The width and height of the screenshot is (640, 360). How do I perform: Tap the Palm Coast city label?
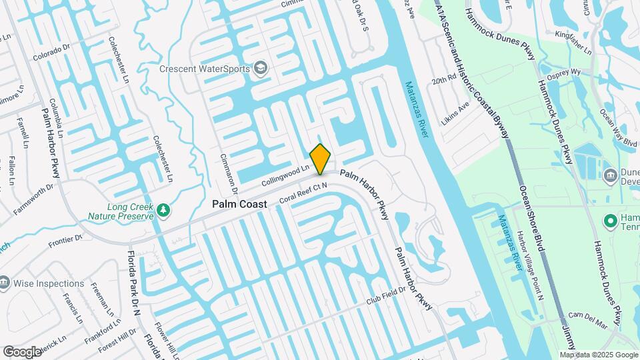click(x=239, y=204)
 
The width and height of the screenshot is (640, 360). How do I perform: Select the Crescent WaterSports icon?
click(x=261, y=69)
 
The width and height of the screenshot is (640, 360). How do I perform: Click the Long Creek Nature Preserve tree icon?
click(x=163, y=211)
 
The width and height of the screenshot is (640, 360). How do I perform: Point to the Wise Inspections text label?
click(x=50, y=283)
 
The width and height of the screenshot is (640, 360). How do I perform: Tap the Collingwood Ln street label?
click(x=286, y=176)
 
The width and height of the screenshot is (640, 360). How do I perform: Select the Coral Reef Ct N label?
click(x=303, y=191)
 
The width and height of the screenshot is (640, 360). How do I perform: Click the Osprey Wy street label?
click(x=564, y=73)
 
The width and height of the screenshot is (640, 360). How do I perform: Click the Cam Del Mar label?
click(x=587, y=321)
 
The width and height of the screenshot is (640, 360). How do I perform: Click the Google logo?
click(x=23, y=351)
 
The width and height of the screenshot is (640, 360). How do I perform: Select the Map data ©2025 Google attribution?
click(x=599, y=355)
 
